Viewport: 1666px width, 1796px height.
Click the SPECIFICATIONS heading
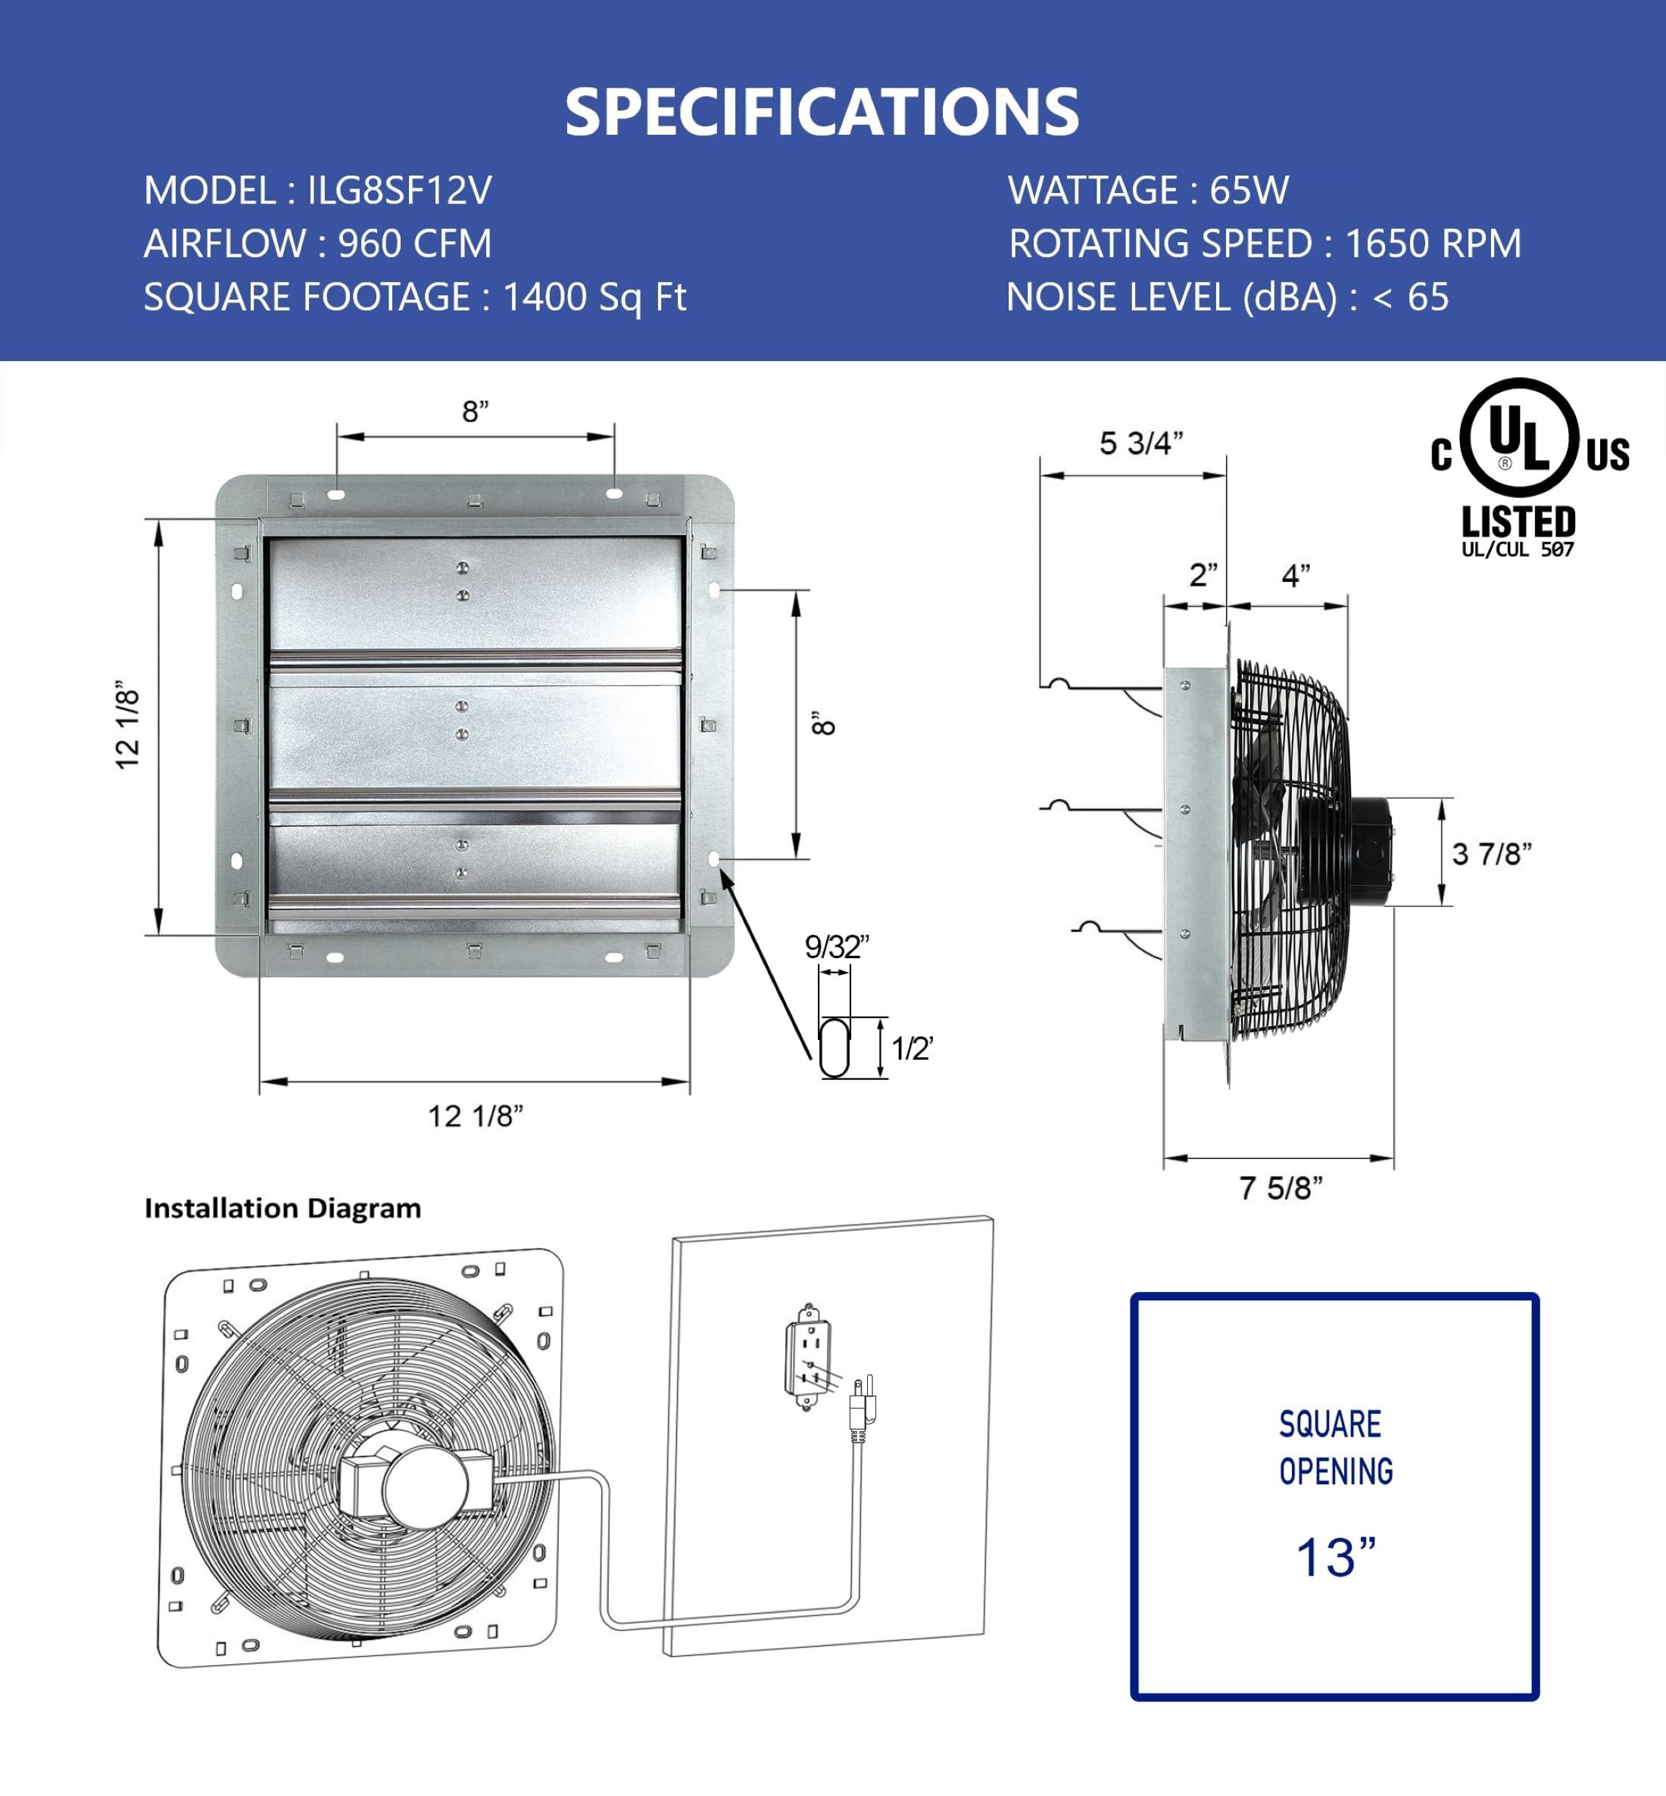point(822,112)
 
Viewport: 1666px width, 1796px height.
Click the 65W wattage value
point(1249,191)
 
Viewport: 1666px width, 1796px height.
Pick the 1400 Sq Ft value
point(594,297)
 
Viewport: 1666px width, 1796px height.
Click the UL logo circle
point(1518,439)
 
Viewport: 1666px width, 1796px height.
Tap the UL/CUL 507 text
point(1518,549)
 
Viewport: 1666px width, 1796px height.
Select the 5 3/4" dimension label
point(1140,444)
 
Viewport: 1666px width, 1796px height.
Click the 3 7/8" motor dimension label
point(1491,854)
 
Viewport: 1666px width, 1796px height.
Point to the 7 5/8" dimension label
point(1280,1188)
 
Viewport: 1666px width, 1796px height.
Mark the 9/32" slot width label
point(836,947)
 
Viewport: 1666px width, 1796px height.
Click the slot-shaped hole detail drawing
point(834,1047)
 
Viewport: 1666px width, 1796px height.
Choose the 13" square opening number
point(1335,1557)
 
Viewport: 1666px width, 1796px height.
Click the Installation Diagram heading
point(282,1209)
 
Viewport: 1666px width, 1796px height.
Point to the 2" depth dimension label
point(1203,574)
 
